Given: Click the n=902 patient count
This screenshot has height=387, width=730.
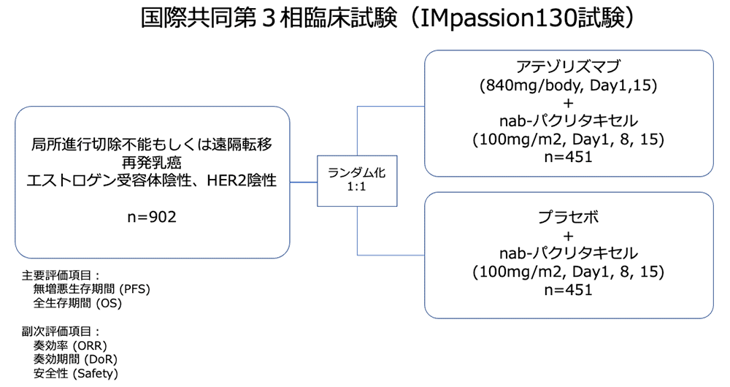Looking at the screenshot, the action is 152,217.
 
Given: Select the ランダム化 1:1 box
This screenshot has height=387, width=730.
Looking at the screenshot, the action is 357,180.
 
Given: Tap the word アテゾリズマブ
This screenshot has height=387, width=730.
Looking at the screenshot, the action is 568,66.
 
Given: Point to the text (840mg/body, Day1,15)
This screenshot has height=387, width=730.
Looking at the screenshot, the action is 568,85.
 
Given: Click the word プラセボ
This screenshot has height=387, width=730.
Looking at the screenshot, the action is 568,217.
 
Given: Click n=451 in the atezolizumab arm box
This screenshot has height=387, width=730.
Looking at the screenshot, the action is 568,157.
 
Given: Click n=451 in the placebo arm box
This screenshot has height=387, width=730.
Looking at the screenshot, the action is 568,290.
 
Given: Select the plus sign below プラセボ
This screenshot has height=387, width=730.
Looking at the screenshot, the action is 568,236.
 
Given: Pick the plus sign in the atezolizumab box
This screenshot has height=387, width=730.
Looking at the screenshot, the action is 568,103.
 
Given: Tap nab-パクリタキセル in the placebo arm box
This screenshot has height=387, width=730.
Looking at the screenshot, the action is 568,253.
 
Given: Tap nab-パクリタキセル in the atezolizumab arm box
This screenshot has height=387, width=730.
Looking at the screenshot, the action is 568,121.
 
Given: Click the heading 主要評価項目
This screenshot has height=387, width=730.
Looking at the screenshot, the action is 56,275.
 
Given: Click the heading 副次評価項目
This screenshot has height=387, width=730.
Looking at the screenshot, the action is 56,331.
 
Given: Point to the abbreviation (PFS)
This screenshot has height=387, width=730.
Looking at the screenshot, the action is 134,289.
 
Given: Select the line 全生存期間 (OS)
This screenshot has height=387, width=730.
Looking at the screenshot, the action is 77,303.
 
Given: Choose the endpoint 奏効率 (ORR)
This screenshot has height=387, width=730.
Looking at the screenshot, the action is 70,345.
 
